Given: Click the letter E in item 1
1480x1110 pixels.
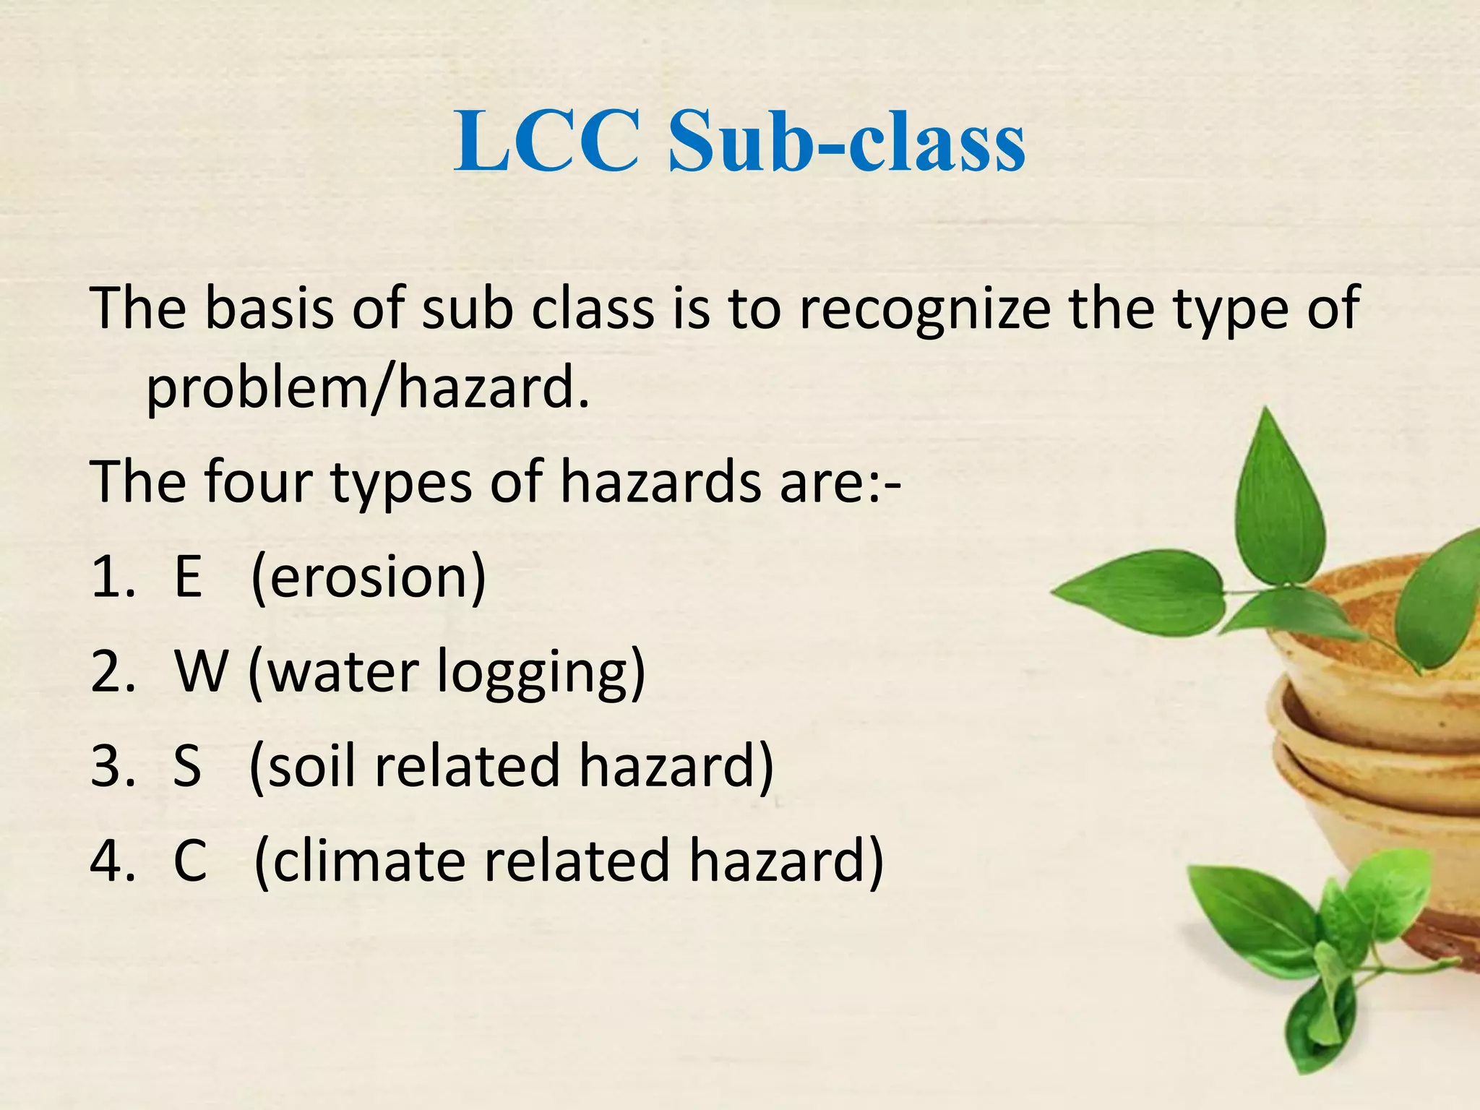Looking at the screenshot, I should [188, 578].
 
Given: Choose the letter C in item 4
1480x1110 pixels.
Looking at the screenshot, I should [190, 861].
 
